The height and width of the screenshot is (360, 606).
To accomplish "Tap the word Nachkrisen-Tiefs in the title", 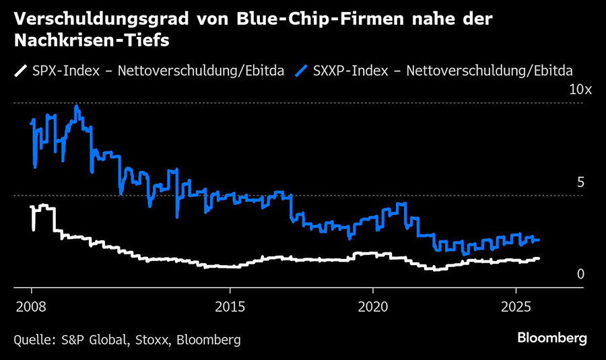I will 90,41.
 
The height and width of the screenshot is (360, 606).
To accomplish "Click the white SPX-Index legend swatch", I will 20,69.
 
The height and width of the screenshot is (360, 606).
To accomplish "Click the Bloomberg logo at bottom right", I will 551,338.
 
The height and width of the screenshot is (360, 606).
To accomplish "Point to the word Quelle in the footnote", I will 32,340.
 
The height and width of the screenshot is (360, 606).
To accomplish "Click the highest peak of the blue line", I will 76,106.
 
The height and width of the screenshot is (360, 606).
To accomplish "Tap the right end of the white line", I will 538,258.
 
